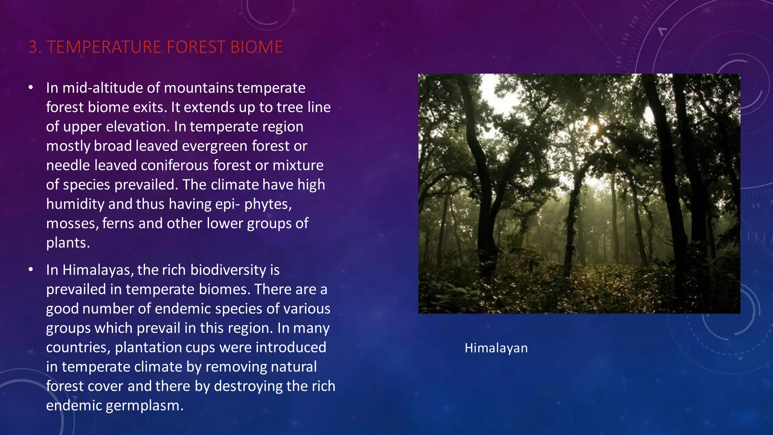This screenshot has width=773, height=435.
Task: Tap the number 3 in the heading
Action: (x=32, y=47)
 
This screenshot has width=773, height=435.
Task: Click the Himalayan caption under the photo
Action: (x=496, y=348)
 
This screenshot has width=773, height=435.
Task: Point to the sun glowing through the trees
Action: (x=594, y=128)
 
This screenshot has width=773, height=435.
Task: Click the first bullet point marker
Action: (x=31, y=88)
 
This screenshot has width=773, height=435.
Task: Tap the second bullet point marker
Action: (x=31, y=270)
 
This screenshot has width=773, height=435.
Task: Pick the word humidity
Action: (x=75, y=204)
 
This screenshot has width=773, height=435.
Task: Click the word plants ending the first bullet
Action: (x=68, y=243)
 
